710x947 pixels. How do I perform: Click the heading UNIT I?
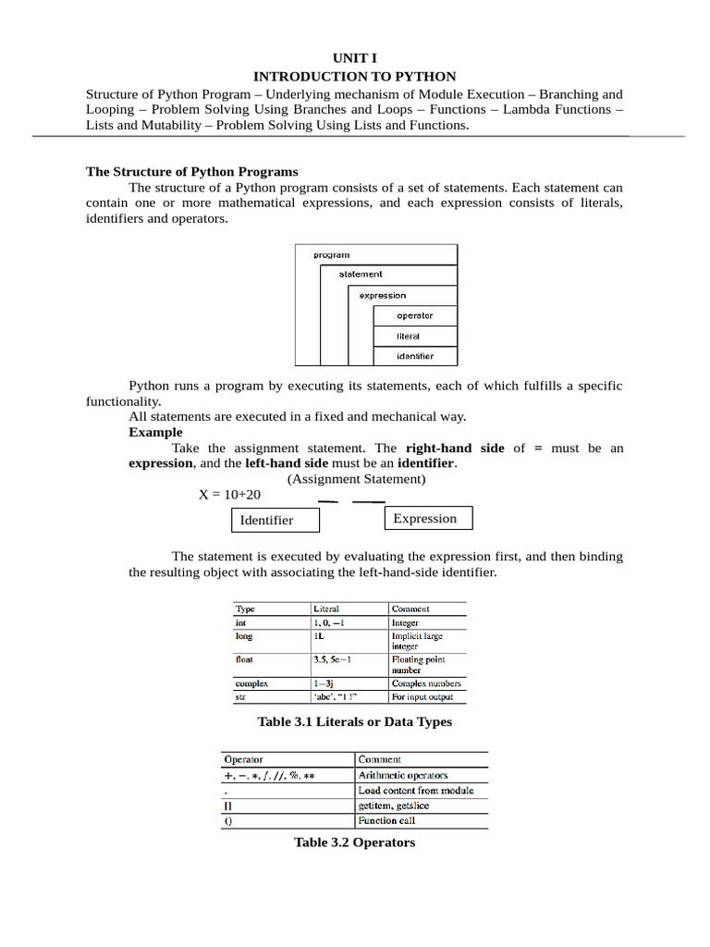click(355, 58)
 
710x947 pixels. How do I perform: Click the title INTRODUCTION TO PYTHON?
click(355, 76)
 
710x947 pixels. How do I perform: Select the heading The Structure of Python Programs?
click(192, 171)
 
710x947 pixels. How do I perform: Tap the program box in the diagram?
click(332, 254)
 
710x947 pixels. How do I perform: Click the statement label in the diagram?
click(360, 274)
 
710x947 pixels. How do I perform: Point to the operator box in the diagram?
click(414, 315)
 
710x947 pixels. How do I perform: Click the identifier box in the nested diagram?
click(414, 356)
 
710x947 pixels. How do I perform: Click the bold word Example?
click(155, 432)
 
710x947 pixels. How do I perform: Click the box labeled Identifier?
click(275, 521)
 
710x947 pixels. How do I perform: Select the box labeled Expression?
click(427, 519)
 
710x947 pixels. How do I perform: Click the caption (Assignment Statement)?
click(356, 479)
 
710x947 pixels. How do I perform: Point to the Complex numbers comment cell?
click(425, 683)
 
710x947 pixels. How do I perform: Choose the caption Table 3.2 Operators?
click(354, 842)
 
